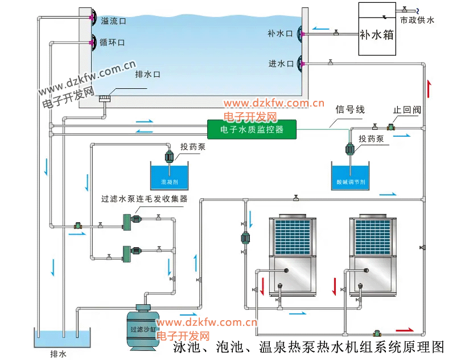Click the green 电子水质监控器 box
[252, 130]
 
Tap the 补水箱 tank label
[376, 34]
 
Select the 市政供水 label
[417, 20]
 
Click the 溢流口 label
[113, 21]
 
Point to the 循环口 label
[112, 42]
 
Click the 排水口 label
[148, 75]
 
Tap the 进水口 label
[281, 63]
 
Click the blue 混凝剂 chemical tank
[170, 175]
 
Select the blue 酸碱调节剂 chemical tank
[351, 175]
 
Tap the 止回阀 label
[406, 110]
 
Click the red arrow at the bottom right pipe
[405, 330]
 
